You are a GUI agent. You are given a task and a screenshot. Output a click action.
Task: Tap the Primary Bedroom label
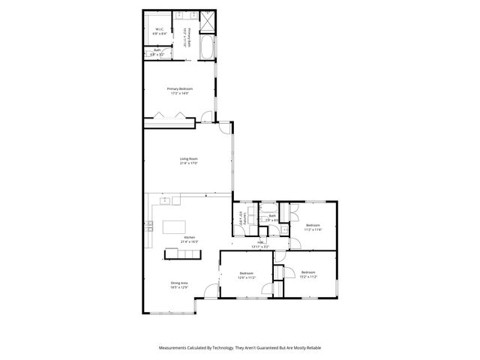179,88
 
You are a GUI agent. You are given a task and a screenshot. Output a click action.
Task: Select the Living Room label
188,158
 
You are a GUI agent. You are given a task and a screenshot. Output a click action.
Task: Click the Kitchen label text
188,237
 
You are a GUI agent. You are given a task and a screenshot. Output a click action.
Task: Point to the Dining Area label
178,283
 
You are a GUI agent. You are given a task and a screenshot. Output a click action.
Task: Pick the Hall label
261,241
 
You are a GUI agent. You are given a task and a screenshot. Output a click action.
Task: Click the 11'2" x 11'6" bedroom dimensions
313,229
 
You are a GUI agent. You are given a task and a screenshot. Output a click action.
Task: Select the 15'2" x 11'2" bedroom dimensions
308,276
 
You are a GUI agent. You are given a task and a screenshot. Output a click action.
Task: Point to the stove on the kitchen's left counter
151,225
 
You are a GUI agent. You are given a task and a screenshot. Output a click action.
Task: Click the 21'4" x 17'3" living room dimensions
188,163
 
